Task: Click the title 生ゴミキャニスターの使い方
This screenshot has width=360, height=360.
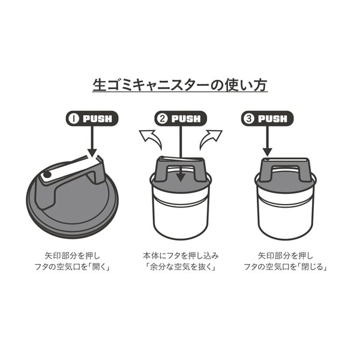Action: [x=180, y=85]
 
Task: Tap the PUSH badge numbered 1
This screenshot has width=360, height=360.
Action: [x=92, y=119]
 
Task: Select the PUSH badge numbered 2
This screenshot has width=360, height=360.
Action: [x=181, y=119]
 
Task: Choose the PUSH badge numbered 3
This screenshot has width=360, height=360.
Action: [x=267, y=119]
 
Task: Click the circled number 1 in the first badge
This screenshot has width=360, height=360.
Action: [x=74, y=119]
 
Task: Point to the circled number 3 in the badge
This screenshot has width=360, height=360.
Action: [x=249, y=119]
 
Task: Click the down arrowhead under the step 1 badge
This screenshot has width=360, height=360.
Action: [x=92, y=152]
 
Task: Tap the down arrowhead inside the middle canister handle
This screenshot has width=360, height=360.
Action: [x=181, y=177]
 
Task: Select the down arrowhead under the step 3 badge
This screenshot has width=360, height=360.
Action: [x=268, y=152]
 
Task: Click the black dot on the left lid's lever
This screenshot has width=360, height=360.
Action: [x=47, y=175]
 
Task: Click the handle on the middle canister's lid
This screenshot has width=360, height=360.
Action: [x=181, y=169]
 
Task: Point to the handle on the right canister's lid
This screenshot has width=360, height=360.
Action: [x=285, y=169]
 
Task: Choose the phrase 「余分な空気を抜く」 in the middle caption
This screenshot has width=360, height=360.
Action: [x=181, y=267]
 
